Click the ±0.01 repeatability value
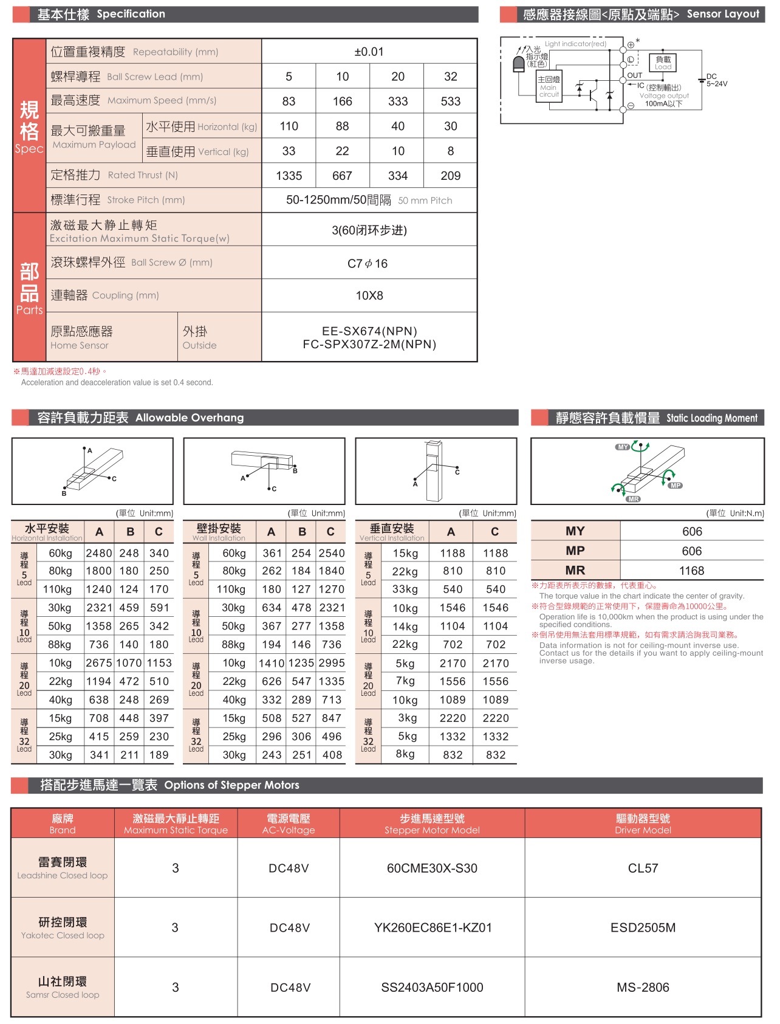coord(369,52)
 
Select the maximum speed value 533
coord(450,101)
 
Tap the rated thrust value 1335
coord(289,176)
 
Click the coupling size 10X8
coord(369,296)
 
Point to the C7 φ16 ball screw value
coord(368,264)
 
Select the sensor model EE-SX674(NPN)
coord(369,331)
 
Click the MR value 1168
coord(691,571)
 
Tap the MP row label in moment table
coord(575,551)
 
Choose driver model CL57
coord(643,868)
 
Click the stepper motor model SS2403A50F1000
coord(432,988)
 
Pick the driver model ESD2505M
coord(643,928)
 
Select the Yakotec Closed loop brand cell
coord(63,928)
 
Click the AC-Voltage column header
coord(289,824)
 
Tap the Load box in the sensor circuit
coord(663,63)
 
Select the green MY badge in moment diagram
coord(623,447)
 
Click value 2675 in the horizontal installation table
coord(99,663)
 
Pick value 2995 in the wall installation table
coord(332,663)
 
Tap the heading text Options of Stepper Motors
coord(231,785)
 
